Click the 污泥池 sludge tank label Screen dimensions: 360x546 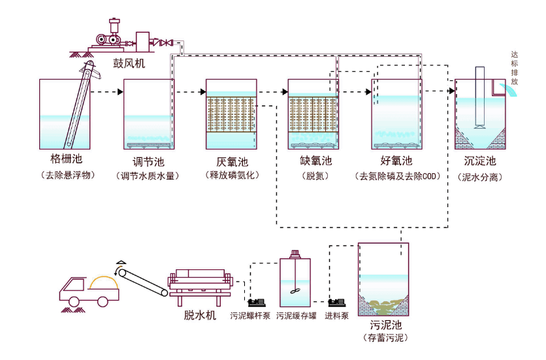[x=384, y=325]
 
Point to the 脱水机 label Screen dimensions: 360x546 [x=201, y=316]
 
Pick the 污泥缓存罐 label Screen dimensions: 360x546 [x=296, y=316]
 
